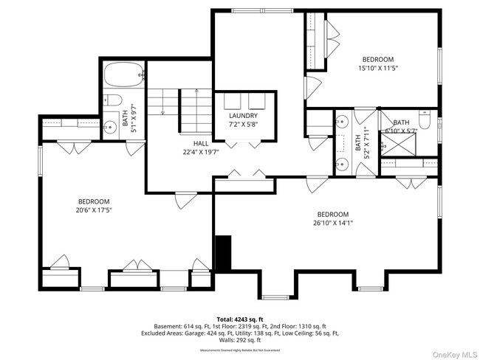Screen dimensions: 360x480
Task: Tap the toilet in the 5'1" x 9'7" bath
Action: coord(110,100)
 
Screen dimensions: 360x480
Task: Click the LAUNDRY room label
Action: coord(243,116)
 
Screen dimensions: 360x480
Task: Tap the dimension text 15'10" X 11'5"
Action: coord(377,69)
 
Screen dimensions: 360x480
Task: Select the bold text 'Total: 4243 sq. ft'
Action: coord(240,319)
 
